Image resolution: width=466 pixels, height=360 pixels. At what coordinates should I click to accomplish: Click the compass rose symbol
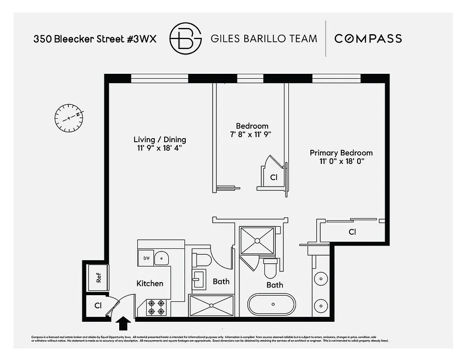pyautogui.click(x=69, y=118)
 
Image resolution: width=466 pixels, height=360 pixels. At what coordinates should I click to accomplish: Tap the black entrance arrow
pyautogui.click(x=124, y=323)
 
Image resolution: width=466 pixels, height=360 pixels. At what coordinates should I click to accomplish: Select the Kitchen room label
pyautogui.click(x=150, y=283)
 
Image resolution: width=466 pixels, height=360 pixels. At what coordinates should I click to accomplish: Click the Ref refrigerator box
pyautogui.click(x=99, y=278)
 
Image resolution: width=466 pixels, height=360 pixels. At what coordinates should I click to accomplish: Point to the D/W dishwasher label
pyautogui.click(x=146, y=258)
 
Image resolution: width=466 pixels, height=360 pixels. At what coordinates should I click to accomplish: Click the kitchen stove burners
pyautogui.click(x=156, y=307)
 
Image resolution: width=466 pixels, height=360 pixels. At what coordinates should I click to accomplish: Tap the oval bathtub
pyautogui.click(x=272, y=305)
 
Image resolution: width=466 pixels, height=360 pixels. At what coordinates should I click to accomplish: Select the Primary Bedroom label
pyautogui.click(x=341, y=153)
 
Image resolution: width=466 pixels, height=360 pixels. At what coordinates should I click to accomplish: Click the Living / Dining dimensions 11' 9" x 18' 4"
pyautogui.click(x=160, y=148)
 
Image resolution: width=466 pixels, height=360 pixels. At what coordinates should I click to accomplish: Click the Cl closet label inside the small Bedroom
pyautogui.click(x=273, y=178)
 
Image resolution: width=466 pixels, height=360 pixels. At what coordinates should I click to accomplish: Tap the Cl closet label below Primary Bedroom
pyautogui.click(x=352, y=232)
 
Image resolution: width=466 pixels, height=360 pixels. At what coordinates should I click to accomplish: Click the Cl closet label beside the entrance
pyautogui.click(x=98, y=306)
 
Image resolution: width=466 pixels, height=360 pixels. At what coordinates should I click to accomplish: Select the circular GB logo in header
pyautogui.click(x=185, y=39)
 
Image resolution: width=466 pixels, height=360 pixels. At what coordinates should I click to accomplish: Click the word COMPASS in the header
pyautogui.click(x=368, y=39)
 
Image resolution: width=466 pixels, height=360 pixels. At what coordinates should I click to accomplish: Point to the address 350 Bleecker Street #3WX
pyautogui.click(x=95, y=39)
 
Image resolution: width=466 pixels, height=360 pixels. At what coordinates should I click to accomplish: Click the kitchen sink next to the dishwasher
pyautogui.click(x=161, y=258)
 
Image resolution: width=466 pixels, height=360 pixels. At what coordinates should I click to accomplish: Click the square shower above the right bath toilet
pyautogui.click(x=257, y=241)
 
